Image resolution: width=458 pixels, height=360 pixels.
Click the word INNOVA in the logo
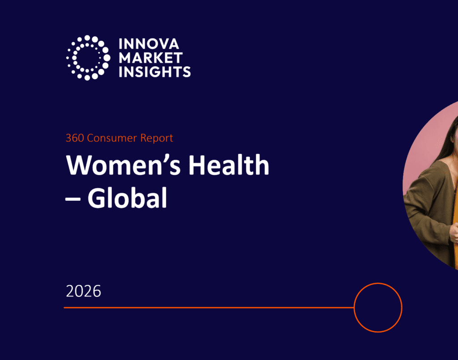click(x=148, y=44)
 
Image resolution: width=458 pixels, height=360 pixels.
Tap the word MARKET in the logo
click(x=151, y=58)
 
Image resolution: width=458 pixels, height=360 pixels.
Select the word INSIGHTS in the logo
click(x=155, y=72)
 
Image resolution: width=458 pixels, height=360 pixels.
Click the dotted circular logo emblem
click(x=88, y=58)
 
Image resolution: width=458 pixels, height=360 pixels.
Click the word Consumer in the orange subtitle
click(x=112, y=138)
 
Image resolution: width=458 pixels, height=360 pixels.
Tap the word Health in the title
click(x=229, y=165)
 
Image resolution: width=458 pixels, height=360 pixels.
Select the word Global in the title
click(x=127, y=198)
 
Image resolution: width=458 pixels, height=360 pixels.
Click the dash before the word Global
click(x=73, y=199)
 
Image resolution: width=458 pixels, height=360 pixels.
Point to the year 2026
click(x=84, y=292)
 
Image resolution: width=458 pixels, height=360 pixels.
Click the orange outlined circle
click(x=378, y=283)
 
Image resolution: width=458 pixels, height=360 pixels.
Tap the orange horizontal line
click(x=209, y=307)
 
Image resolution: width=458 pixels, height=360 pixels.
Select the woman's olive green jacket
click(x=429, y=204)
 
